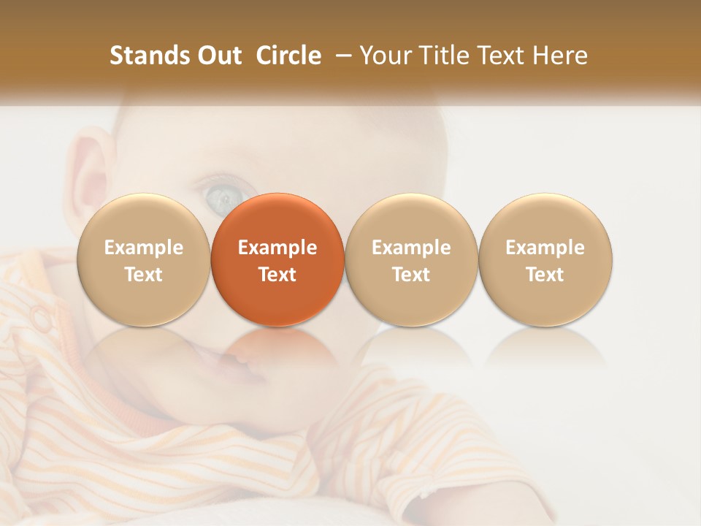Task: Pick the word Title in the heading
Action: [442, 56]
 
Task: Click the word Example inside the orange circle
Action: [277, 248]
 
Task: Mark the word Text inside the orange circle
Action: [277, 275]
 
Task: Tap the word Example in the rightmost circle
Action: [545, 248]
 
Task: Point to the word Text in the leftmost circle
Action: [144, 275]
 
